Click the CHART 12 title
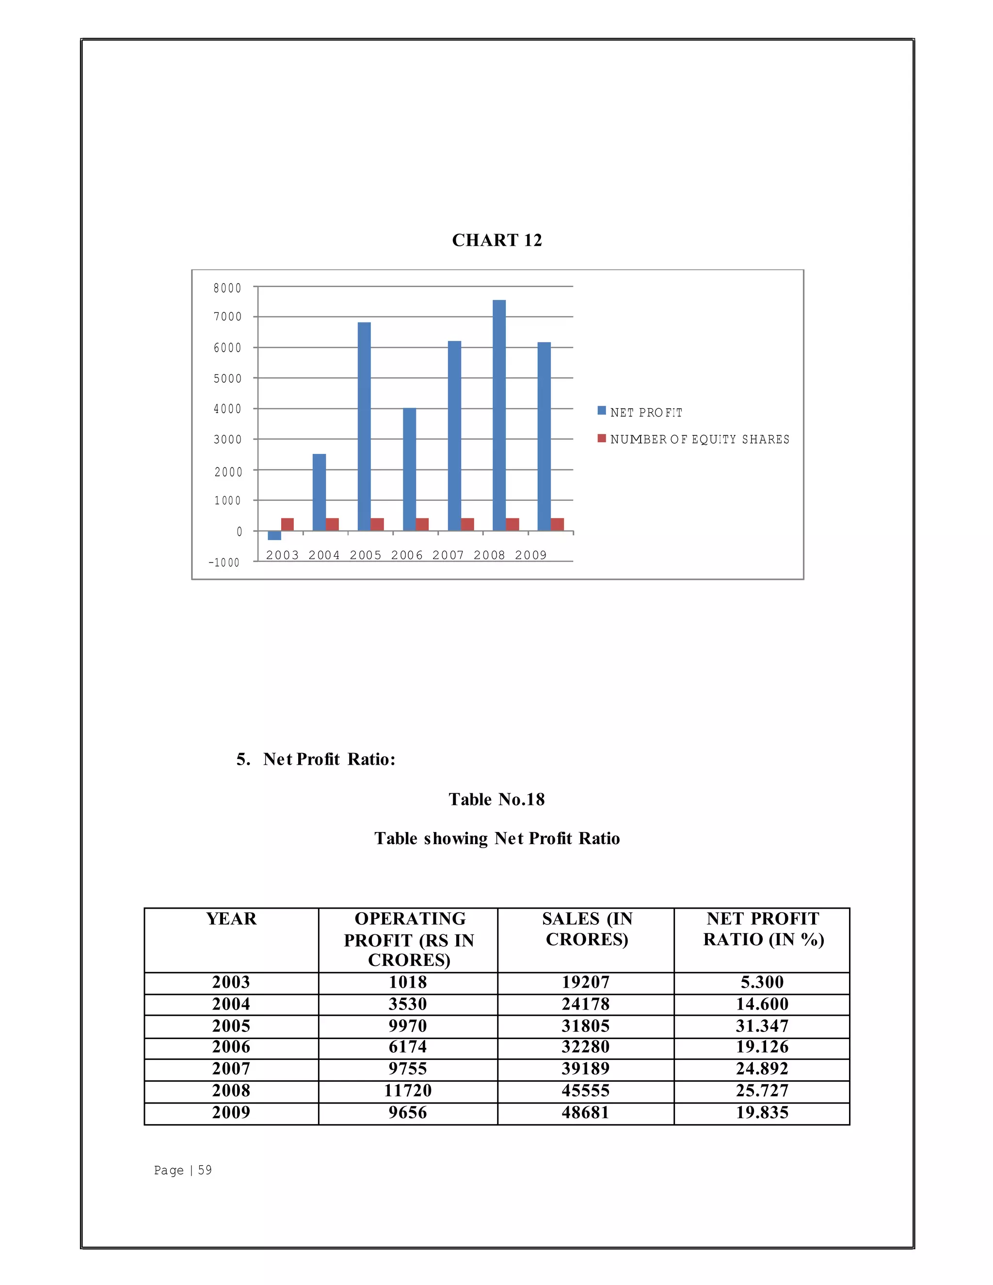(x=496, y=240)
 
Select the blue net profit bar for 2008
(x=499, y=415)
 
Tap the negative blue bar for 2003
(x=274, y=535)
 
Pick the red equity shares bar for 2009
(x=557, y=524)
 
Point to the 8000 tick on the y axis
(x=227, y=288)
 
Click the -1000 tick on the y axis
(x=224, y=562)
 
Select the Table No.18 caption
(x=496, y=799)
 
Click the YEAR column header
(x=231, y=918)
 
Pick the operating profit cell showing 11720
(x=408, y=1090)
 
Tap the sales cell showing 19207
(x=585, y=982)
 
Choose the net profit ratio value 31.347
(x=762, y=1026)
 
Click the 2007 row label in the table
(x=231, y=1068)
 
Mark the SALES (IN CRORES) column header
(x=587, y=929)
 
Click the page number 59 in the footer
(x=204, y=1170)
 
